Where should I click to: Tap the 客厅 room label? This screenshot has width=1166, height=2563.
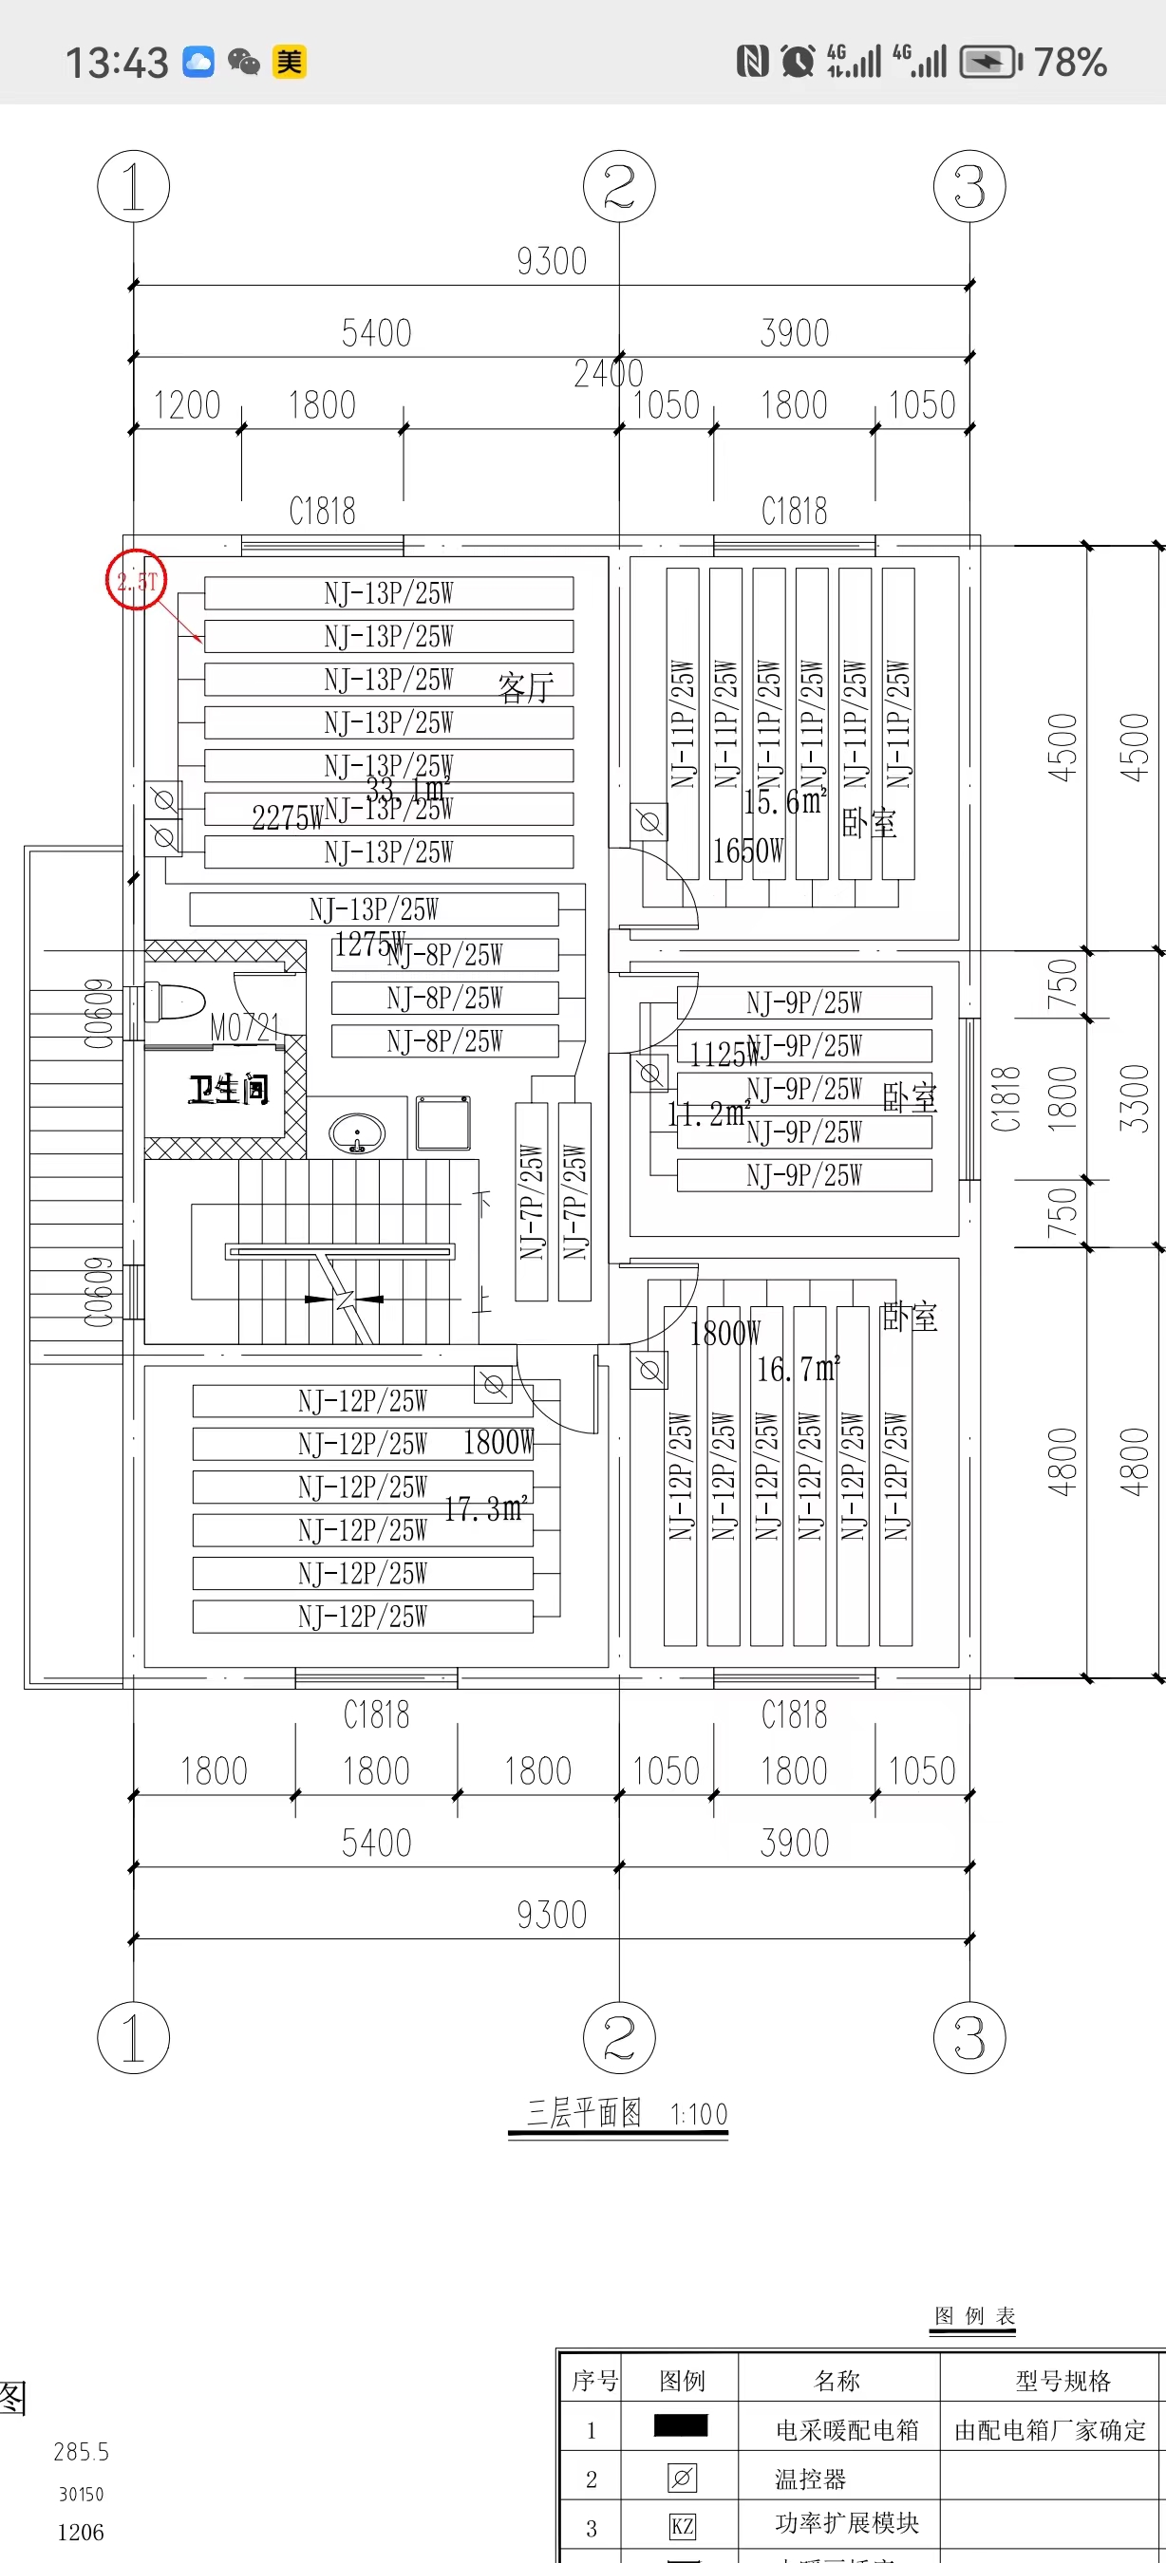pos(525,686)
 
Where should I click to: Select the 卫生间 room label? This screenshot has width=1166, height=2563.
pos(228,1090)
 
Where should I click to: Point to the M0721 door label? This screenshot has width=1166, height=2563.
pos(245,1028)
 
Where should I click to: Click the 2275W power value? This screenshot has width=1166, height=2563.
pos(287,818)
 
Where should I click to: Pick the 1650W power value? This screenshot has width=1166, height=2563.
pos(748,851)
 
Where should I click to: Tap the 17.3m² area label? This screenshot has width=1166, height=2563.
pos(485,1509)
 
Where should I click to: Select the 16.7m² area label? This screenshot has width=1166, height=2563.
pos(798,1370)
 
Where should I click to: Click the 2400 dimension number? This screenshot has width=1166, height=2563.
pos(608,374)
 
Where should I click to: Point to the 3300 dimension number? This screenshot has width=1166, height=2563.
pos(1134,1098)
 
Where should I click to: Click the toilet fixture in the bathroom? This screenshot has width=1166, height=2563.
pos(175,1001)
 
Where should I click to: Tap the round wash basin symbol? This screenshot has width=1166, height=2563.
pos(357,1133)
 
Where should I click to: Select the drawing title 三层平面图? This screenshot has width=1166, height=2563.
pos(584,2112)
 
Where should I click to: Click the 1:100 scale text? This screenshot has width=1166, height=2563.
pos(699,2114)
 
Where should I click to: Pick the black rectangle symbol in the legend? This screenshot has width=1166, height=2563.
pos(681,2425)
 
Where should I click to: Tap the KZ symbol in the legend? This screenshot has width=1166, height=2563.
pos(682,2526)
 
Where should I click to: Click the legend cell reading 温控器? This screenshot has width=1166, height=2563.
pos(810,2479)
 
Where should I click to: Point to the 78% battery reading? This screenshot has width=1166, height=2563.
pos(1070,62)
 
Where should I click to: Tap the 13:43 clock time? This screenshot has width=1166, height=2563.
pos(118,63)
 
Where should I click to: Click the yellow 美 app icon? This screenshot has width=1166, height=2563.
pos(290,62)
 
